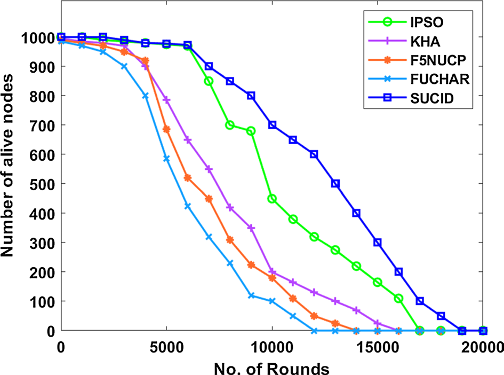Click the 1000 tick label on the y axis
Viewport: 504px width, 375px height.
pos(38,37)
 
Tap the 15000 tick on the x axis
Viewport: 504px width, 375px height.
pos(378,346)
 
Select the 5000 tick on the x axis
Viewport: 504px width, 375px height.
pos(166,346)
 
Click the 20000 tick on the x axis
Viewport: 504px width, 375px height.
pos(483,346)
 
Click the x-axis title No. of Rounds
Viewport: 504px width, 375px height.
pos(272,367)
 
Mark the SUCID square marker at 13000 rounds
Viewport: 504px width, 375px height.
pos(335,184)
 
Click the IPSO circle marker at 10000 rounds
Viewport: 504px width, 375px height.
pos(272,199)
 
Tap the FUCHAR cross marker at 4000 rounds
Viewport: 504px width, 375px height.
pos(146,96)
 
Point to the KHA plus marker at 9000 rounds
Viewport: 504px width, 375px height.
pos(251,228)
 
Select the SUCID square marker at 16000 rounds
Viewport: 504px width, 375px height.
pos(398,272)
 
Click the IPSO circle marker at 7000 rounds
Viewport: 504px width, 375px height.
pos(209,81)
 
